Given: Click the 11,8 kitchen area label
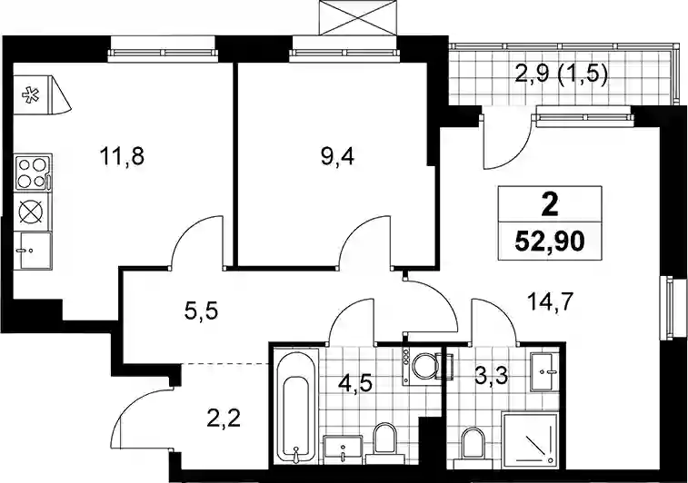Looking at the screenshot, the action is (122, 157).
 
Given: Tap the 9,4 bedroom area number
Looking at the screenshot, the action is (337, 157).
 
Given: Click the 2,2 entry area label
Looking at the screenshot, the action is (224, 420).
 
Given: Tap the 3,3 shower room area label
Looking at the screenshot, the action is (492, 375).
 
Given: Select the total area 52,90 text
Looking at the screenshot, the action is (550, 241).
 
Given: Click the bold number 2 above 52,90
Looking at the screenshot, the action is (550, 205).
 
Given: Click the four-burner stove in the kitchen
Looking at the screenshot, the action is (34, 172).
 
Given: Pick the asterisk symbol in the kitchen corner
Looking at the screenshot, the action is (30, 95).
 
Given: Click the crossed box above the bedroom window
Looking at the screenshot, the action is (358, 17).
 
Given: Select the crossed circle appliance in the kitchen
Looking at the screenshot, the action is (33, 212).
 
